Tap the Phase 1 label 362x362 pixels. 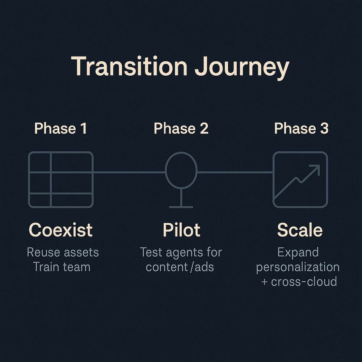[x=60, y=129]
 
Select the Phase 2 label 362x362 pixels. [x=181, y=129]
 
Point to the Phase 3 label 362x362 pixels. [x=301, y=129]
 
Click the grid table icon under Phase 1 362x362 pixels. [x=61, y=180]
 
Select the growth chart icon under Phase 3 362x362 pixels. [x=300, y=180]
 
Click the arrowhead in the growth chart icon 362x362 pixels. [x=316, y=168]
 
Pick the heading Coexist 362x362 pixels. [x=60, y=230]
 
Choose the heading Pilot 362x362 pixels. [x=181, y=230]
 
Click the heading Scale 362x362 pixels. [x=300, y=230]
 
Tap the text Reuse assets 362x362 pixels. [x=63, y=252]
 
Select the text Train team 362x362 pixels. [x=62, y=267]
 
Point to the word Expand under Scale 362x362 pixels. [x=298, y=252]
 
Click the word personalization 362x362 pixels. [x=298, y=267]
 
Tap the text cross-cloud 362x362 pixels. [x=304, y=281]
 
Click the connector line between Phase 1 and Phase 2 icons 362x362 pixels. [x=129, y=172]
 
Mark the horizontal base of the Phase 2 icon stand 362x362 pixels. [x=181, y=207]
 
